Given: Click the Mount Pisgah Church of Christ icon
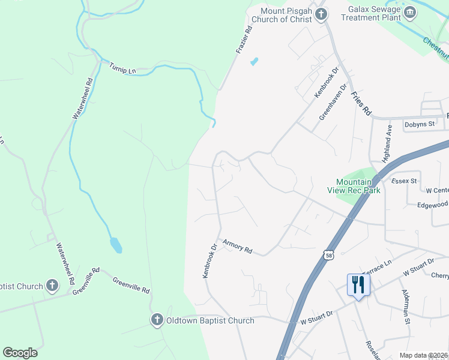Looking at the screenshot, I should point(321,13).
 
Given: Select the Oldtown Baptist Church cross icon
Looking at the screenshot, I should point(157,320).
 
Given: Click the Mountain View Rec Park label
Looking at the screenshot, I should point(358,186).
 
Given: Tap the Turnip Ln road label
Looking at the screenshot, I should point(122,68).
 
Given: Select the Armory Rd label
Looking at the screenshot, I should point(237,246).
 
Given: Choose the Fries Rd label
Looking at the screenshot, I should point(362,104).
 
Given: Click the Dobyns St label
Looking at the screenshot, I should point(419,124).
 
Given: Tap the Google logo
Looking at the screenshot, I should point(20,353).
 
